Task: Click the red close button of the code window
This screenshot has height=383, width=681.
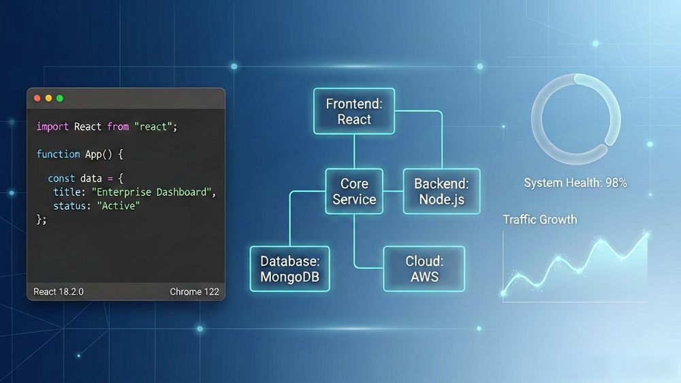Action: click(37, 99)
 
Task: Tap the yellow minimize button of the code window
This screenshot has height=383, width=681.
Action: click(48, 99)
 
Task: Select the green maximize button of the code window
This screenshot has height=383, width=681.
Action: click(60, 99)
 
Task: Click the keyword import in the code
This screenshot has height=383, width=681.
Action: click(52, 127)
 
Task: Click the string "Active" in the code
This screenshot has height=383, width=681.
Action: click(118, 205)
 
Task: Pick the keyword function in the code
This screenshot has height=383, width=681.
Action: click(58, 154)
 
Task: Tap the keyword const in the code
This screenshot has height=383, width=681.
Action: click(61, 178)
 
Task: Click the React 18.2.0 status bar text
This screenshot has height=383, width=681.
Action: click(59, 291)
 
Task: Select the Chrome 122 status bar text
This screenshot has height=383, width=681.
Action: click(194, 291)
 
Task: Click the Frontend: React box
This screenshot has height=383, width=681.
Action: click(354, 111)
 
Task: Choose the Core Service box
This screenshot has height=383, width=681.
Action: click(354, 191)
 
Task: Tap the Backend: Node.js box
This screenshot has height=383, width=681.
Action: click(442, 191)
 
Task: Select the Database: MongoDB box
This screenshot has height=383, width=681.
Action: click(289, 269)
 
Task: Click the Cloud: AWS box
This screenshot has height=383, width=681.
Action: click(424, 269)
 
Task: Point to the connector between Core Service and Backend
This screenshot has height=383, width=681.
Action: click(394, 191)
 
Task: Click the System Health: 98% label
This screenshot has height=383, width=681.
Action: click(575, 182)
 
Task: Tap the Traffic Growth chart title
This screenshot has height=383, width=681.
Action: click(540, 220)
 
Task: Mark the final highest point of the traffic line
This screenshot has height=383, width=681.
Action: click(647, 235)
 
